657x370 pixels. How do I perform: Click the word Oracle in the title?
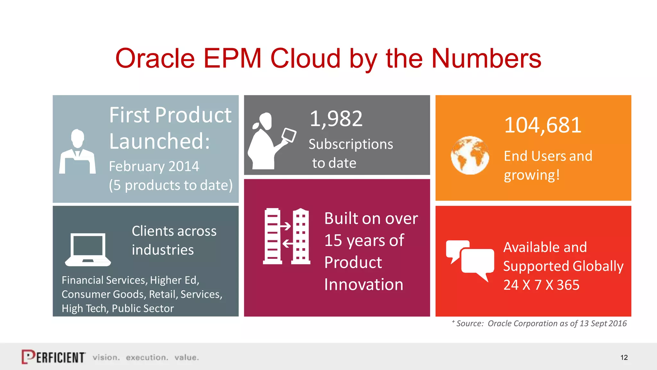pos(155,58)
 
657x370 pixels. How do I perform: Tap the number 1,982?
pos(336,119)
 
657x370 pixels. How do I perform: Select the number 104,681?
pos(543,125)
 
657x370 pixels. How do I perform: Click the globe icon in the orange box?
pos(470,155)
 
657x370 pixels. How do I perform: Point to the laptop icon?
pos(88,250)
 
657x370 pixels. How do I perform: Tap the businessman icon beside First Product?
pos(77,152)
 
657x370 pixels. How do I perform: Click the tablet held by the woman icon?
pos(289,135)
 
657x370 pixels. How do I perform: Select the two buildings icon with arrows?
pos(286,236)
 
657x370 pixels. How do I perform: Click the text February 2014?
pos(154,166)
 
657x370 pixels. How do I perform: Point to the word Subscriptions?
pos(351,144)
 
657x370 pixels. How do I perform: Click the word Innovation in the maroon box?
pos(363,285)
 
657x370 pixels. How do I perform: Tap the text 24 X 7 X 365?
pos(541,285)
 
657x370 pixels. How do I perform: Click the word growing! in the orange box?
pos(532,175)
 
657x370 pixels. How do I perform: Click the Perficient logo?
pos(54,357)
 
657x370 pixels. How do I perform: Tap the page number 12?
pos(624,357)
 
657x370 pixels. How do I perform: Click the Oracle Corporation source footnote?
pos(541,323)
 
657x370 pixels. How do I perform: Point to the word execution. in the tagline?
pos(147,357)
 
